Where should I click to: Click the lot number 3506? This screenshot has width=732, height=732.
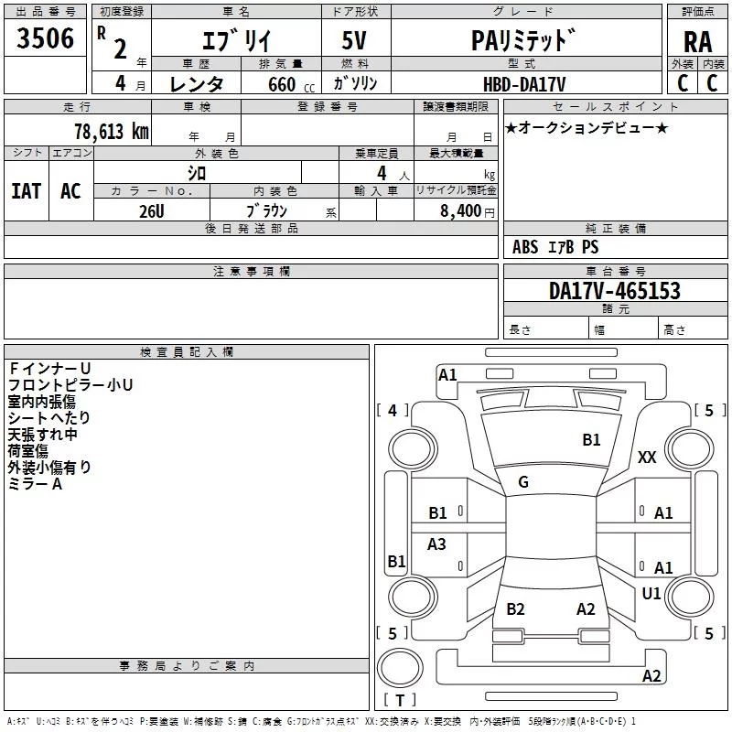(x=46, y=38)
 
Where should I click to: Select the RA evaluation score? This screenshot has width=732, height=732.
(x=697, y=41)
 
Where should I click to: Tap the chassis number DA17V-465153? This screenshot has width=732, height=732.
(x=614, y=291)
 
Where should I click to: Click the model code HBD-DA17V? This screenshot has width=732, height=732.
(x=524, y=84)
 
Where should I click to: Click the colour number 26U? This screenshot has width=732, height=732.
(x=151, y=211)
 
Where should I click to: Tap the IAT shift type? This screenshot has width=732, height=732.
(x=26, y=190)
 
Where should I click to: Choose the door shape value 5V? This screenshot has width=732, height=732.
(x=356, y=41)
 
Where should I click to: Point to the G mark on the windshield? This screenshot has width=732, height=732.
(x=522, y=482)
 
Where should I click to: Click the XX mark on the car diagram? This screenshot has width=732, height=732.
(x=647, y=457)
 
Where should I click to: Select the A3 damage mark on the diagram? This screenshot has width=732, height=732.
(x=436, y=544)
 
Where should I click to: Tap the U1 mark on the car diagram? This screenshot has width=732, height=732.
(x=651, y=593)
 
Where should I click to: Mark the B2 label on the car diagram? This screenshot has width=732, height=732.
(x=515, y=609)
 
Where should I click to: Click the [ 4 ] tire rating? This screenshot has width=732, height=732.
(x=393, y=410)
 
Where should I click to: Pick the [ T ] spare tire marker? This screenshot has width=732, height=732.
(x=400, y=700)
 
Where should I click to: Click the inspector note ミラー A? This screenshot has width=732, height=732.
(x=35, y=484)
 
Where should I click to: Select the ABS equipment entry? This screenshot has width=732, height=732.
(x=525, y=247)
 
